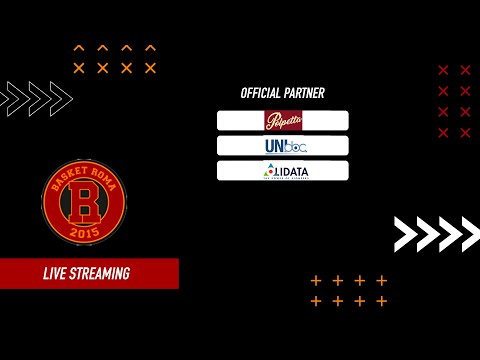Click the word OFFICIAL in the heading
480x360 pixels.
(261, 93)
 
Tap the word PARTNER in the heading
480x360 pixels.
(304, 93)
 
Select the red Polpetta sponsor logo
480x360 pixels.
(283, 121)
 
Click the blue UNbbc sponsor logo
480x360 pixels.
(283, 146)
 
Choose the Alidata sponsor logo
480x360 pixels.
(283, 171)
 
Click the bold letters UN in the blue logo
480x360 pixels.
(271, 146)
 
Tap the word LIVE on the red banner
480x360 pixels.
(56, 273)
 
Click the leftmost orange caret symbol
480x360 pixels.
(79, 47)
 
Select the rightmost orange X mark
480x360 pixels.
(150, 68)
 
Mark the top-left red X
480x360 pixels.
(444, 70)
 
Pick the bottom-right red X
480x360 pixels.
(465, 133)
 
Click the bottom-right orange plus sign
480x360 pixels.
(381, 301)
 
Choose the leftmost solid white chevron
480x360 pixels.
(406, 233)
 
